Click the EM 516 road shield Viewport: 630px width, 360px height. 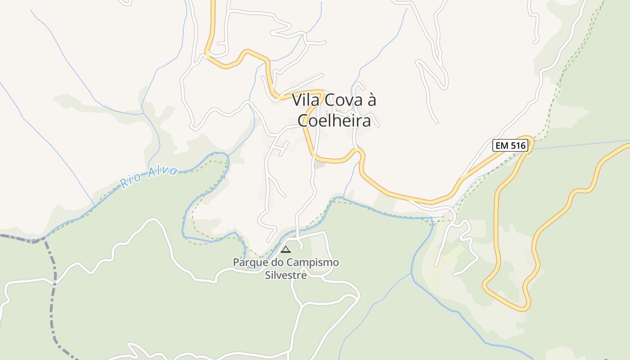[510, 145]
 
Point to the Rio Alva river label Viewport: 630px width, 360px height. [148, 175]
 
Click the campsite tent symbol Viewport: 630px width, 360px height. [286, 249]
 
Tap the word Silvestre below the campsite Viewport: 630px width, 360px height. [286, 275]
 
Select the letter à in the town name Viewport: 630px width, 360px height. [372, 100]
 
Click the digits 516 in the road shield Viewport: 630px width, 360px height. [517, 145]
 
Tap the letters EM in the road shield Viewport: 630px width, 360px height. [502, 145]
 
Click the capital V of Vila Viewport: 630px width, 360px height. [297, 100]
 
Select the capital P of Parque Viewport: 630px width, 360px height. [235, 262]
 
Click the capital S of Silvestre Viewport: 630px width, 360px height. [267, 275]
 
